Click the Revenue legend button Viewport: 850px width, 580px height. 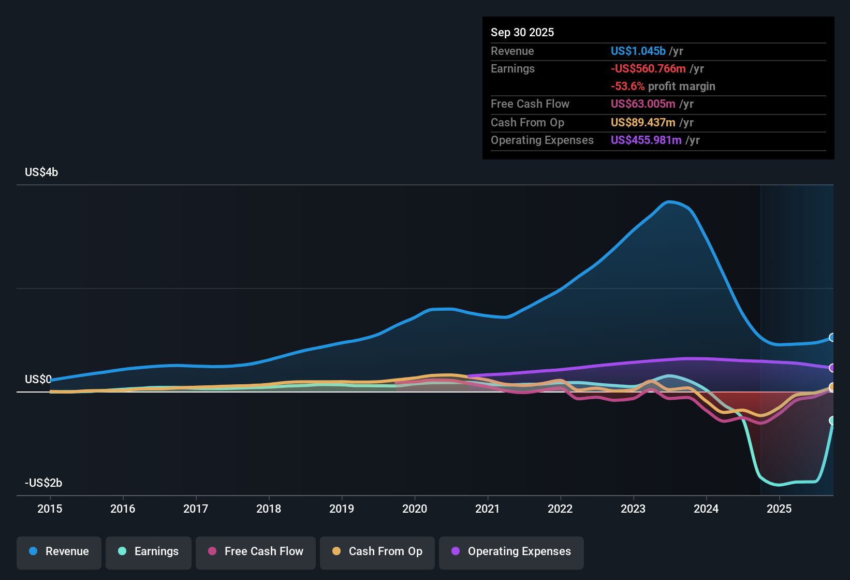point(59,552)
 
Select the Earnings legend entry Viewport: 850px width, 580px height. point(149,552)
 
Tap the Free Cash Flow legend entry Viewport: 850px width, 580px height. point(256,552)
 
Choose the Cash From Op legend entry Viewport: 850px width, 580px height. point(377,552)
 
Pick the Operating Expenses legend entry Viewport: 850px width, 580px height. point(511,552)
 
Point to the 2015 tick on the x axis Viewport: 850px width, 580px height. point(50,509)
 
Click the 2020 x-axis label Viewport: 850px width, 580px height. point(415,509)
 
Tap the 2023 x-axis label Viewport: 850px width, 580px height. point(633,509)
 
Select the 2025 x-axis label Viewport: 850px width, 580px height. point(779,509)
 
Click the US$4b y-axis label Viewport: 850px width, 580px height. point(41,172)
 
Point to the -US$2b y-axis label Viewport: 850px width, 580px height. point(43,483)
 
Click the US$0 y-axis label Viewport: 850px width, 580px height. point(38,380)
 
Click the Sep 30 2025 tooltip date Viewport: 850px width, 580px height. point(522,32)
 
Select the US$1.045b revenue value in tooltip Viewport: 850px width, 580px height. point(638,51)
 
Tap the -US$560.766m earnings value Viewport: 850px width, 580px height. point(648,68)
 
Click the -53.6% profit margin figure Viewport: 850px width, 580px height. point(627,86)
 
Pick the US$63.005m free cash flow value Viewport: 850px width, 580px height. point(643,104)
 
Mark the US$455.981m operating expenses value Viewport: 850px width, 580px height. point(646,140)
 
